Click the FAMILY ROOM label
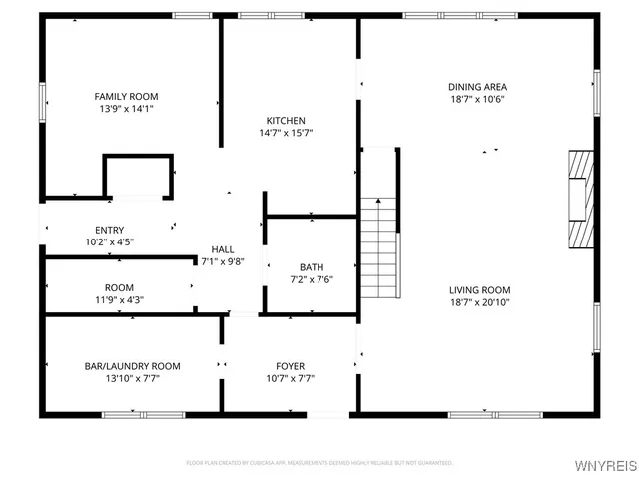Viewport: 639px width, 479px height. (x=124, y=96)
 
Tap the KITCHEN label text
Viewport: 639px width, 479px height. (x=285, y=120)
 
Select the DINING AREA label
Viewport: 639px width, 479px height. (x=476, y=87)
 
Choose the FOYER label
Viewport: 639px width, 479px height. (x=291, y=366)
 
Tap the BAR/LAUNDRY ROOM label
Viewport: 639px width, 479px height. (x=132, y=366)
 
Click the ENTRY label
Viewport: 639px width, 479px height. (x=110, y=230)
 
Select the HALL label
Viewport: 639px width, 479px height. (x=222, y=249)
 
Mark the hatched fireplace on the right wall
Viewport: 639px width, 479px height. (x=580, y=199)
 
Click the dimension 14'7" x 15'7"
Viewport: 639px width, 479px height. (x=285, y=132)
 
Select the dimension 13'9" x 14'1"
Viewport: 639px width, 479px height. (x=124, y=108)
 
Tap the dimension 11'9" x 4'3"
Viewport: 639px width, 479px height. (x=120, y=299)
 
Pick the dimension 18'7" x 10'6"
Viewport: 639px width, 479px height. (x=476, y=99)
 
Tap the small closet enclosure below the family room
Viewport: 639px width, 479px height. (x=139, y=176)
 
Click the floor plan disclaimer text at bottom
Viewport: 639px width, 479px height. (x=319, y=463)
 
